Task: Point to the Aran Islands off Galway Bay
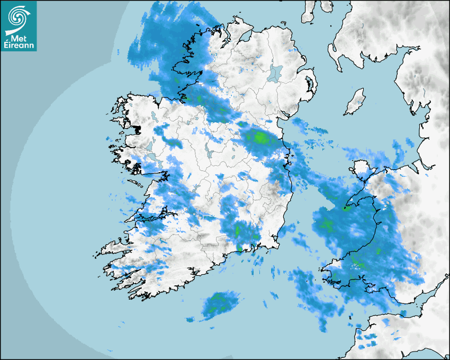[x=136, y=184]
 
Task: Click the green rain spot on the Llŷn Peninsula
[x=347, y=208]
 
